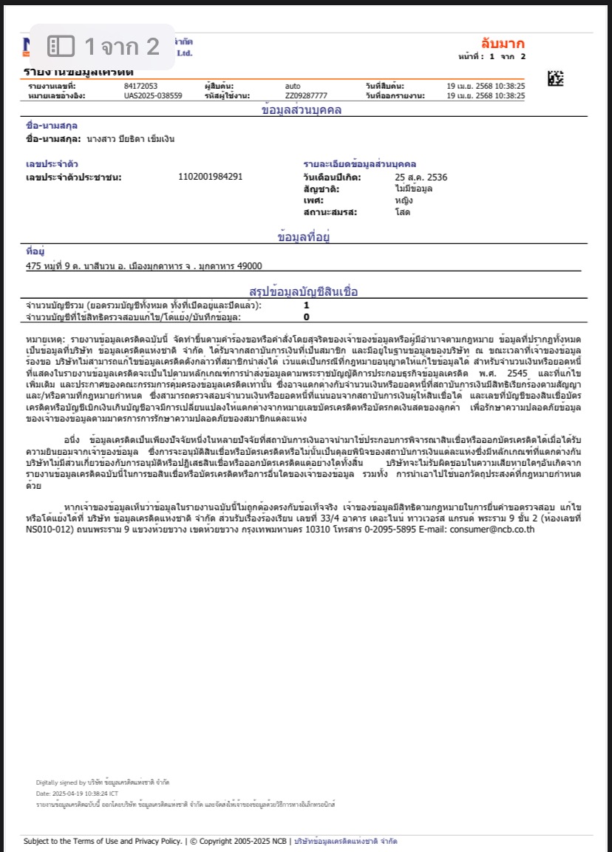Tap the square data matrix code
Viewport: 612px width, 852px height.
pyautogui.click(x=555, y=78)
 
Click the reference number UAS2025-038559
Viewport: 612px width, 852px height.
pyautogui.click(x=153, y=95)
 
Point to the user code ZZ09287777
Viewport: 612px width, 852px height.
pyautogui.click(x=306, y=95)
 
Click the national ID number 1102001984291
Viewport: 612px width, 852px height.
pyautogui.click(x=211, y=177)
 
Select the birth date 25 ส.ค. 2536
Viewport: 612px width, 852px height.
pyautogui.click(x=421, y=177)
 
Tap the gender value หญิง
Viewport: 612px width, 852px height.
pyautogui.click(x=404, y=200)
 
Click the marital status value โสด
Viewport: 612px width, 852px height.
pyautogui.click(x=403, y=212)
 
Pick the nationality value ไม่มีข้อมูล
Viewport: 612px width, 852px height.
pyautogui.click(x=414, y=189)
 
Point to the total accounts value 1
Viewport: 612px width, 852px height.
pyautogui.click(x=306, y=305)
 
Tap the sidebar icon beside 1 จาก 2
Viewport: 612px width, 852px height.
pyautogui.click(x=61, y=47)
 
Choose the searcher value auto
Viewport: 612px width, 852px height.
pyautogui.click(x=293, y=87)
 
